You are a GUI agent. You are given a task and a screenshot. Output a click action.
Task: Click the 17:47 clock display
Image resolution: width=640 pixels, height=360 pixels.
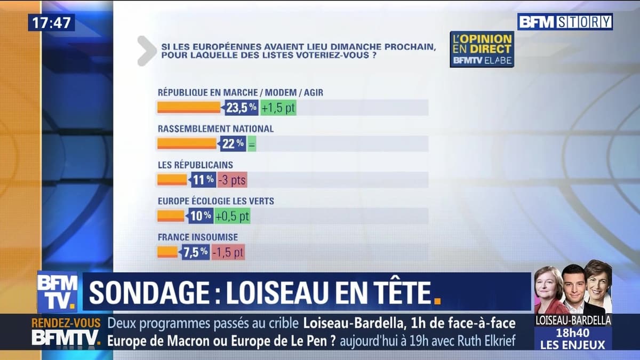pos(51,22)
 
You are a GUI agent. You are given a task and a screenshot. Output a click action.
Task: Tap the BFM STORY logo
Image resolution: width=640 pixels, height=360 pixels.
pos(565,22)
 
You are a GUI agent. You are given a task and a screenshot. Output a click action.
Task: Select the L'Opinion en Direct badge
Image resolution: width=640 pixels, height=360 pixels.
pos(482,49)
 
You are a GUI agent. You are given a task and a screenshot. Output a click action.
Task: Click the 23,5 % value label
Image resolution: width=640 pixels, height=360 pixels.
pos(241,108)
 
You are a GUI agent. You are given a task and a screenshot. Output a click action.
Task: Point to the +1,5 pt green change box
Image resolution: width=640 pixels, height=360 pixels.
pos(278,108)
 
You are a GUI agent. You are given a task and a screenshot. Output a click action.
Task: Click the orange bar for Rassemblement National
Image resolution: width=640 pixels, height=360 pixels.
pos(187,143)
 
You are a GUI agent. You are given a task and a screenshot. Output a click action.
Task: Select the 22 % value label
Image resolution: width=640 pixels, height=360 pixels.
pos(233,143)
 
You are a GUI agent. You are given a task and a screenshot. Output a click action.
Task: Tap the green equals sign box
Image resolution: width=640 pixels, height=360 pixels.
pos(252,143)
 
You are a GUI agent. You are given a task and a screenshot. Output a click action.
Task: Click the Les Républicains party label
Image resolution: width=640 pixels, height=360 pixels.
pos(195,165)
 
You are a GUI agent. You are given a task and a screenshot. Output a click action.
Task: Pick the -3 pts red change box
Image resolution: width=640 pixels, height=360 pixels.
pos(231,180)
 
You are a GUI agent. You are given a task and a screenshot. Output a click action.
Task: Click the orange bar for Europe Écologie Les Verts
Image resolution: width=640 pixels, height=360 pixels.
pos(171,216)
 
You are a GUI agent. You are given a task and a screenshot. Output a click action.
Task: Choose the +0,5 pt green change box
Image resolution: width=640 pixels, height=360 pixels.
pos(232,216)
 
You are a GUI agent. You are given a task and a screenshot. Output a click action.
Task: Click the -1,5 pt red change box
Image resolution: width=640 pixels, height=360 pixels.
pos(228,252)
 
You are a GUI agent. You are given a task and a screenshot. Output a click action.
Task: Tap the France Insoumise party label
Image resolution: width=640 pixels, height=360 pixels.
pos(198,237)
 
